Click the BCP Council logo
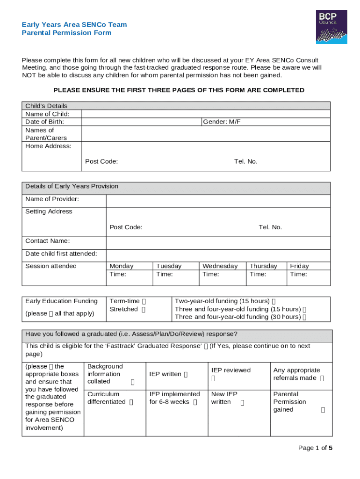pyautogui.click(x=331, y=27)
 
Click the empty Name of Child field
pyautogui.click(x=206, y=114)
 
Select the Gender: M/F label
pyautogui.click(x=222, y=122)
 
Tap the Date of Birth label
pyautogui.click(x=44, y=122)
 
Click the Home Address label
pyautogui.click(x=48, y=146)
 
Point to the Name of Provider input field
pyautogui.click(x=218, y=201)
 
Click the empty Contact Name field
pyautogui.click(x=218, y=243)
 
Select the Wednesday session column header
pyautogui.click(x=220, y=266)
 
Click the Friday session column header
pyautogui.click(x=299, y=266)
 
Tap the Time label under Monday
pyautogui.click(x=117, y=274)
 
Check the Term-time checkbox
pyautogui.click(x=144, y=302)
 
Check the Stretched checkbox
pyautogui.click(x=144, y=310)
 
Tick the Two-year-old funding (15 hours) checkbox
pyautogui.click(x=274, y=302)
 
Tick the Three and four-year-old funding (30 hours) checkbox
pyautogui.click(x=304, y=317)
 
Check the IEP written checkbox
pyautogui.click(x=186, y=374)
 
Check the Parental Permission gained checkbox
pyautogui.click(x=323, y=410)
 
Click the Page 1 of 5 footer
pyautogui.click(x=315, y=448)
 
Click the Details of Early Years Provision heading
pyautogui.click(x=72, y=187)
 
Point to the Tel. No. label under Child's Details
pyautogui.click(x=245, y=161)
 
